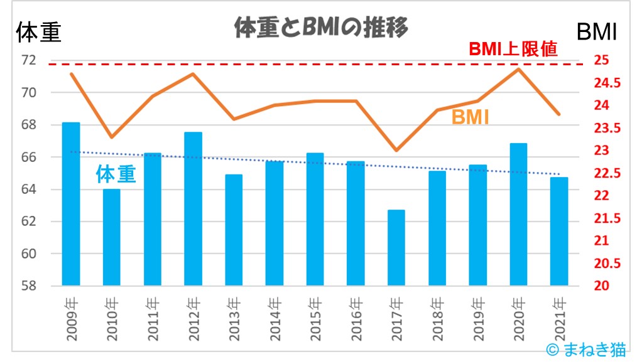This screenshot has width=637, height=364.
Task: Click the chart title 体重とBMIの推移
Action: coord(320,28)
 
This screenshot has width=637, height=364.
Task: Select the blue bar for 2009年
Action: coord(71,204)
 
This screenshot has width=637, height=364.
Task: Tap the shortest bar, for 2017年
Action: coord(396,248)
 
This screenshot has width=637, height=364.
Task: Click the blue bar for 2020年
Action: coord(518,214)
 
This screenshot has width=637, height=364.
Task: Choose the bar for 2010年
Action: coord(112,237)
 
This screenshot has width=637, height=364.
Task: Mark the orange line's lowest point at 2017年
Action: coord(396,150)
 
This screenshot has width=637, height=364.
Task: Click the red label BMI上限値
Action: coord(513,50)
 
